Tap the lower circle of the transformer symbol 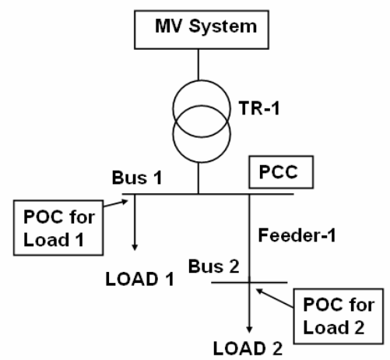(200, 141)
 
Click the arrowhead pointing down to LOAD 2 (250, 328)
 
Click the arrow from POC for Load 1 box (117, 204)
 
